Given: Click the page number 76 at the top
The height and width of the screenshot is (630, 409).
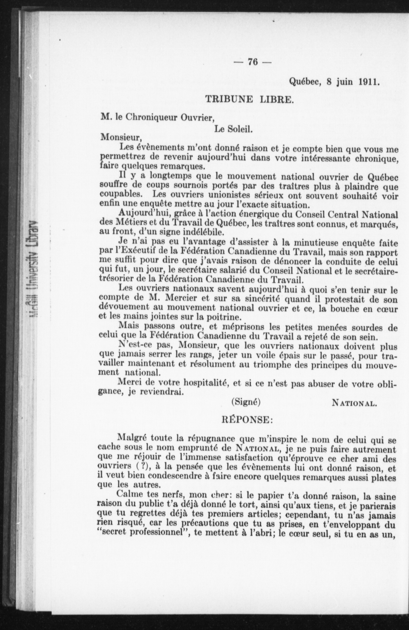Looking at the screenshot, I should click(x=253, y=62).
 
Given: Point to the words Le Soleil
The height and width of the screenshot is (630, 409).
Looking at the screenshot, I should click(x=234, y=129).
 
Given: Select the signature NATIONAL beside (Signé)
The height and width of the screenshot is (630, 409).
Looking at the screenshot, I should click(x=354, y=403).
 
